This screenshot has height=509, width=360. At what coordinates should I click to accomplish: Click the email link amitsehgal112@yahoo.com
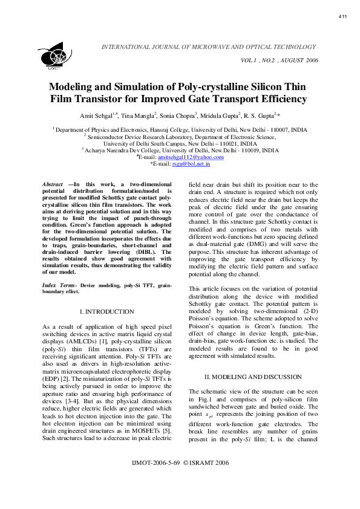point(195,157)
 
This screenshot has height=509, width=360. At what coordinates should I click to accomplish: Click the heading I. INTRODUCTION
point(106,311)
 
